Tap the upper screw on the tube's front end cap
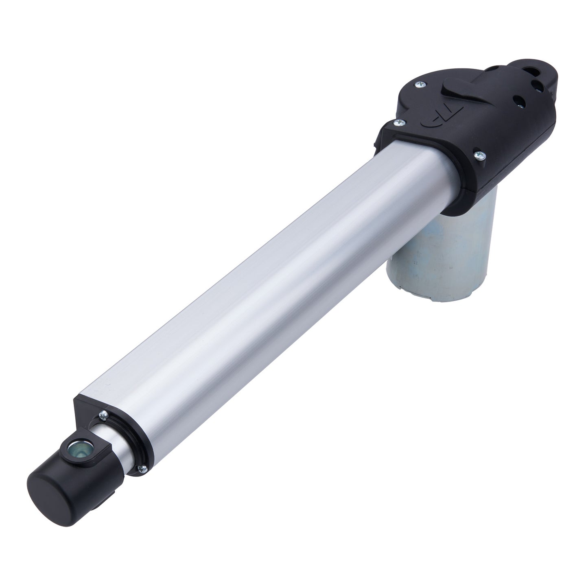click(x=103, y=415)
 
